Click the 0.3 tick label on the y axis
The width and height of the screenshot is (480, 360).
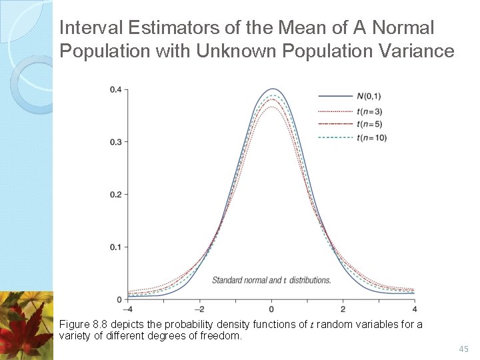pyautogui.click(x=115, y=142)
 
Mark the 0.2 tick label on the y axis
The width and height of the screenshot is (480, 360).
pyautogui.click(x=115, y=195)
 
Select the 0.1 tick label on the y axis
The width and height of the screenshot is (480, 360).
pyautogui.click(x=115, y=247)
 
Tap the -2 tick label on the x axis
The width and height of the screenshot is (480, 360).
pyautogui.click(x=199, y=309)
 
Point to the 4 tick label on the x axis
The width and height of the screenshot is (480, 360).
pyautogui.click(x=414, y=309)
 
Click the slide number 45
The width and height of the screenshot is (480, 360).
pyautogui.click(x=464, y=349)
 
